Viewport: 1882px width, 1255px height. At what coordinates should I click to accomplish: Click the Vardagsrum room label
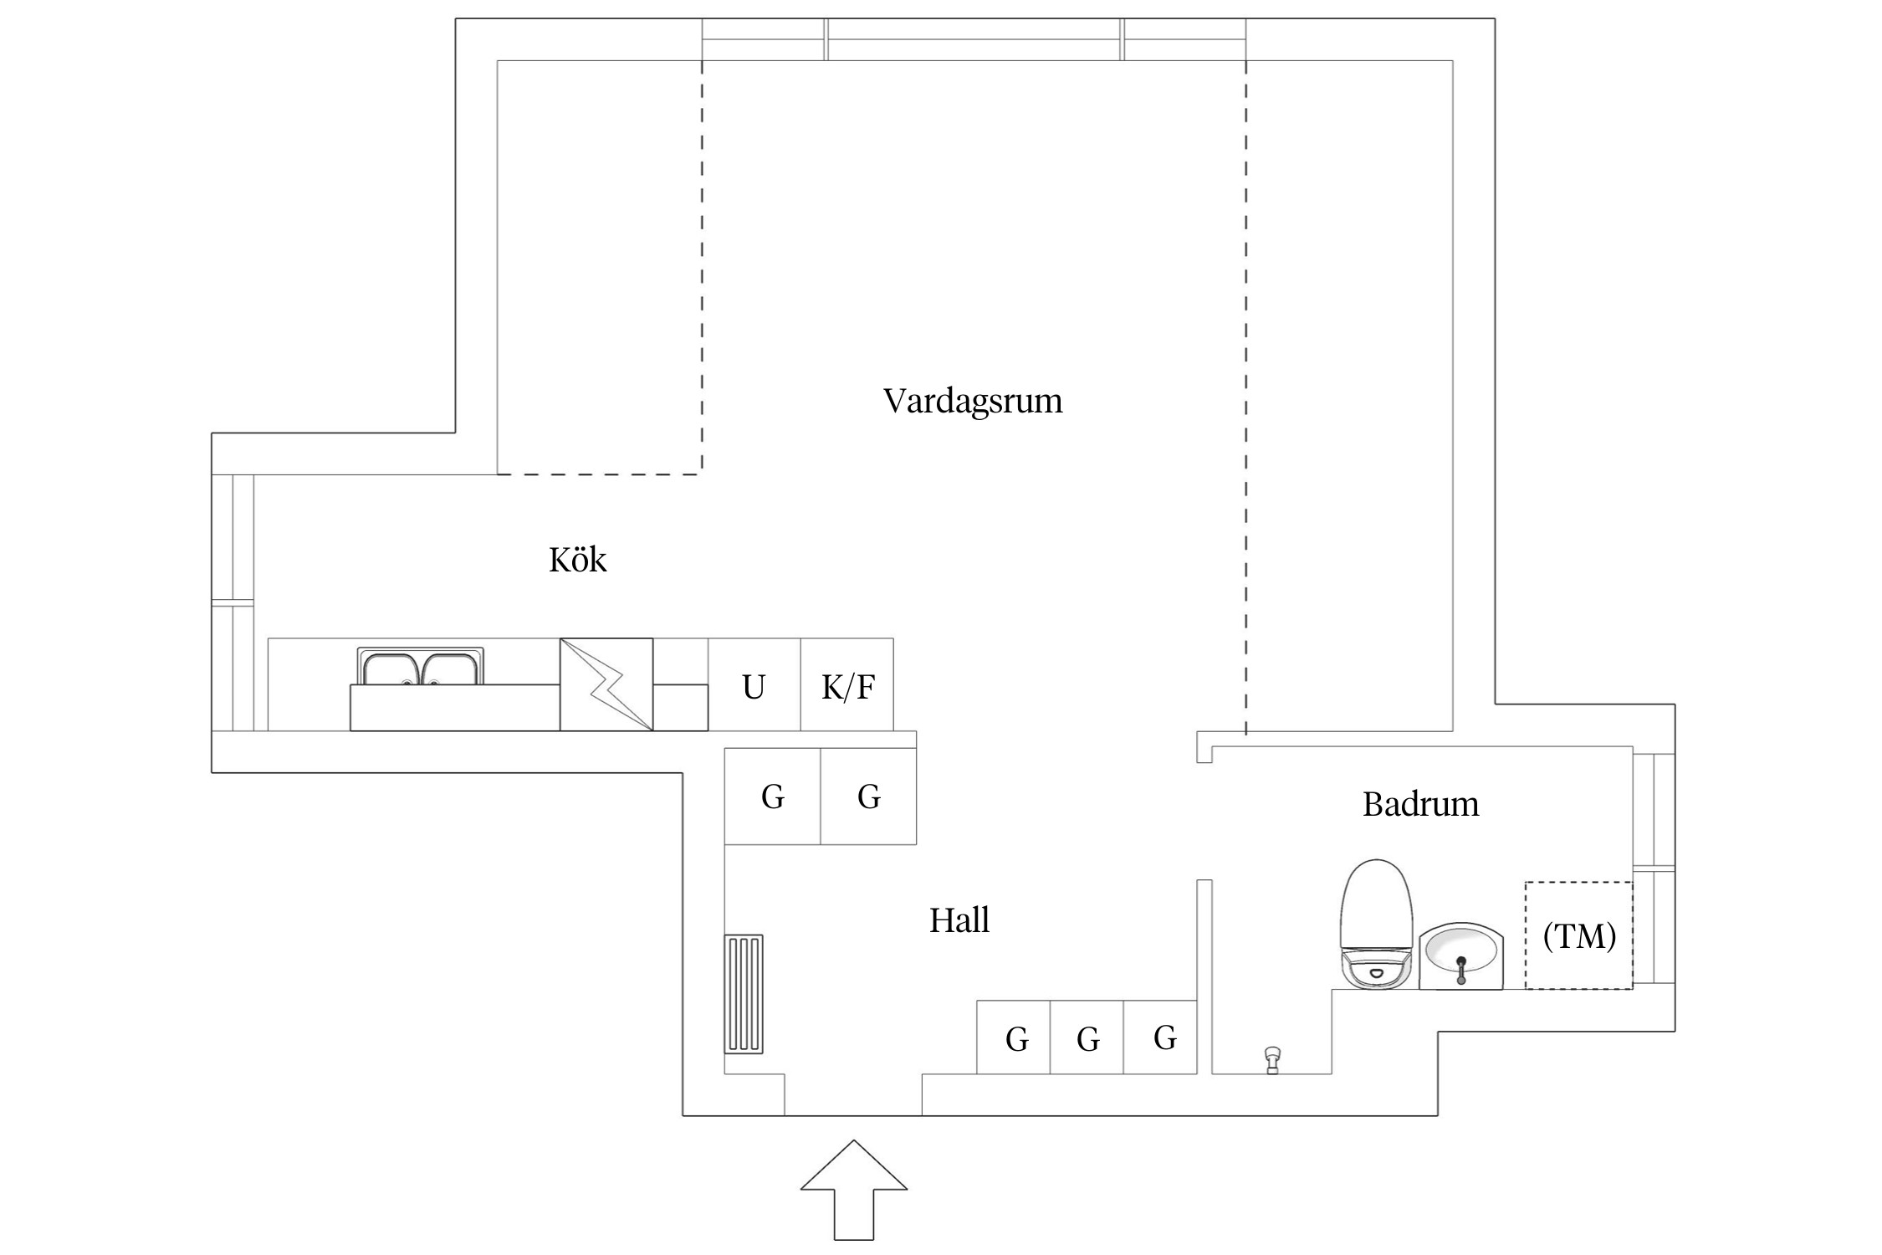point(972,401)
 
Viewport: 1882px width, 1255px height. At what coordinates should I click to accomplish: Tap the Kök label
point(577,560)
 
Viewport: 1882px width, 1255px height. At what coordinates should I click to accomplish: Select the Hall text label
point(959,920)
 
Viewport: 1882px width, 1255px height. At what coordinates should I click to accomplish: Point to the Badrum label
point(1420,804)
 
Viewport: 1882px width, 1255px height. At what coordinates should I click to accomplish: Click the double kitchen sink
point(420,667)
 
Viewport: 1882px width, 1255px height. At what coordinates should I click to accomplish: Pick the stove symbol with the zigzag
point(606,684)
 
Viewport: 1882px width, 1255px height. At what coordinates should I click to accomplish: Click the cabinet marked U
point(754,685)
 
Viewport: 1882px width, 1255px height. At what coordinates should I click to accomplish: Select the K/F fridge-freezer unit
point(847,685)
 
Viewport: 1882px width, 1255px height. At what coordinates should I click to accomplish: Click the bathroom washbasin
point(1460,955)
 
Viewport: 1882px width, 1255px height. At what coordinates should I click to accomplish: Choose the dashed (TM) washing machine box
point(1578,935)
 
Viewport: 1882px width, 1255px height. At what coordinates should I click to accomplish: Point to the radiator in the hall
point(744,994)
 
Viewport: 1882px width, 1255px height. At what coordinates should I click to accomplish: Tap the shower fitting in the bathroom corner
point(1272,1060)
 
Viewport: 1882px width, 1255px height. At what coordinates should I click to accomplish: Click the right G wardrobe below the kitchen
point(868,796)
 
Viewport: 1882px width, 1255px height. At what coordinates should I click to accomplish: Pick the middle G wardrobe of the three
point(1087,1038)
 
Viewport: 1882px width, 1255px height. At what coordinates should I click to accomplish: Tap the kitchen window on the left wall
point(233,602)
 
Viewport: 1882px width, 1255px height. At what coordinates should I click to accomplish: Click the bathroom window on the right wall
point(1654,868)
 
